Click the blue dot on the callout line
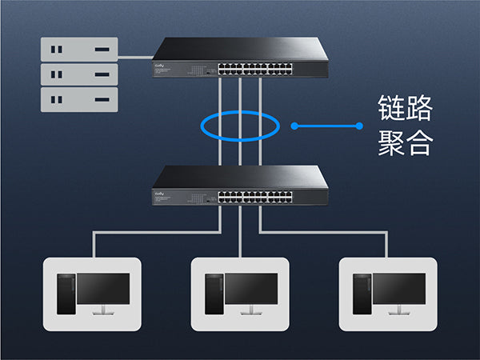pyautogui.click(x=294, y=126)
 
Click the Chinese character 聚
pyautogui.click(x=393, y=142)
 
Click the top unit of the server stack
pyautogui.click(x=80, y=50)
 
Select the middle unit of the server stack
pyautogui.click(x=80, y=75)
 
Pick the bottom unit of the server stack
pyautogui.click(x=80, y=101)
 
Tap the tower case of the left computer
pyautogui.click(x=66, y=293)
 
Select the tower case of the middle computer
pyautogui.click(x=214, y=293)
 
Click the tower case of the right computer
pyautogui.click(x=362, y=293)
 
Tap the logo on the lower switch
pyautogui.click(x=160, y=193)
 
